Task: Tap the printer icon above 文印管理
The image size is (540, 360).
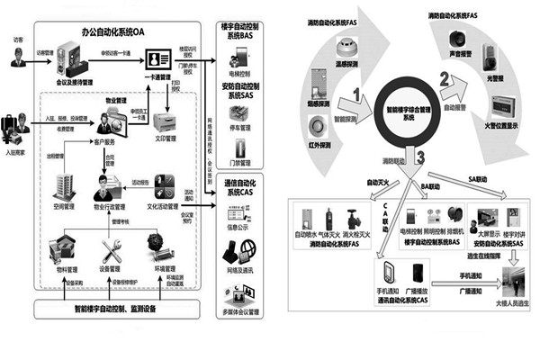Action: click(x=166, y=122)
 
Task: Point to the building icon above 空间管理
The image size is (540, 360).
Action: click(x=64, y=184)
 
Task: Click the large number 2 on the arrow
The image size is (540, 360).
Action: click(x=443, y=78)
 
